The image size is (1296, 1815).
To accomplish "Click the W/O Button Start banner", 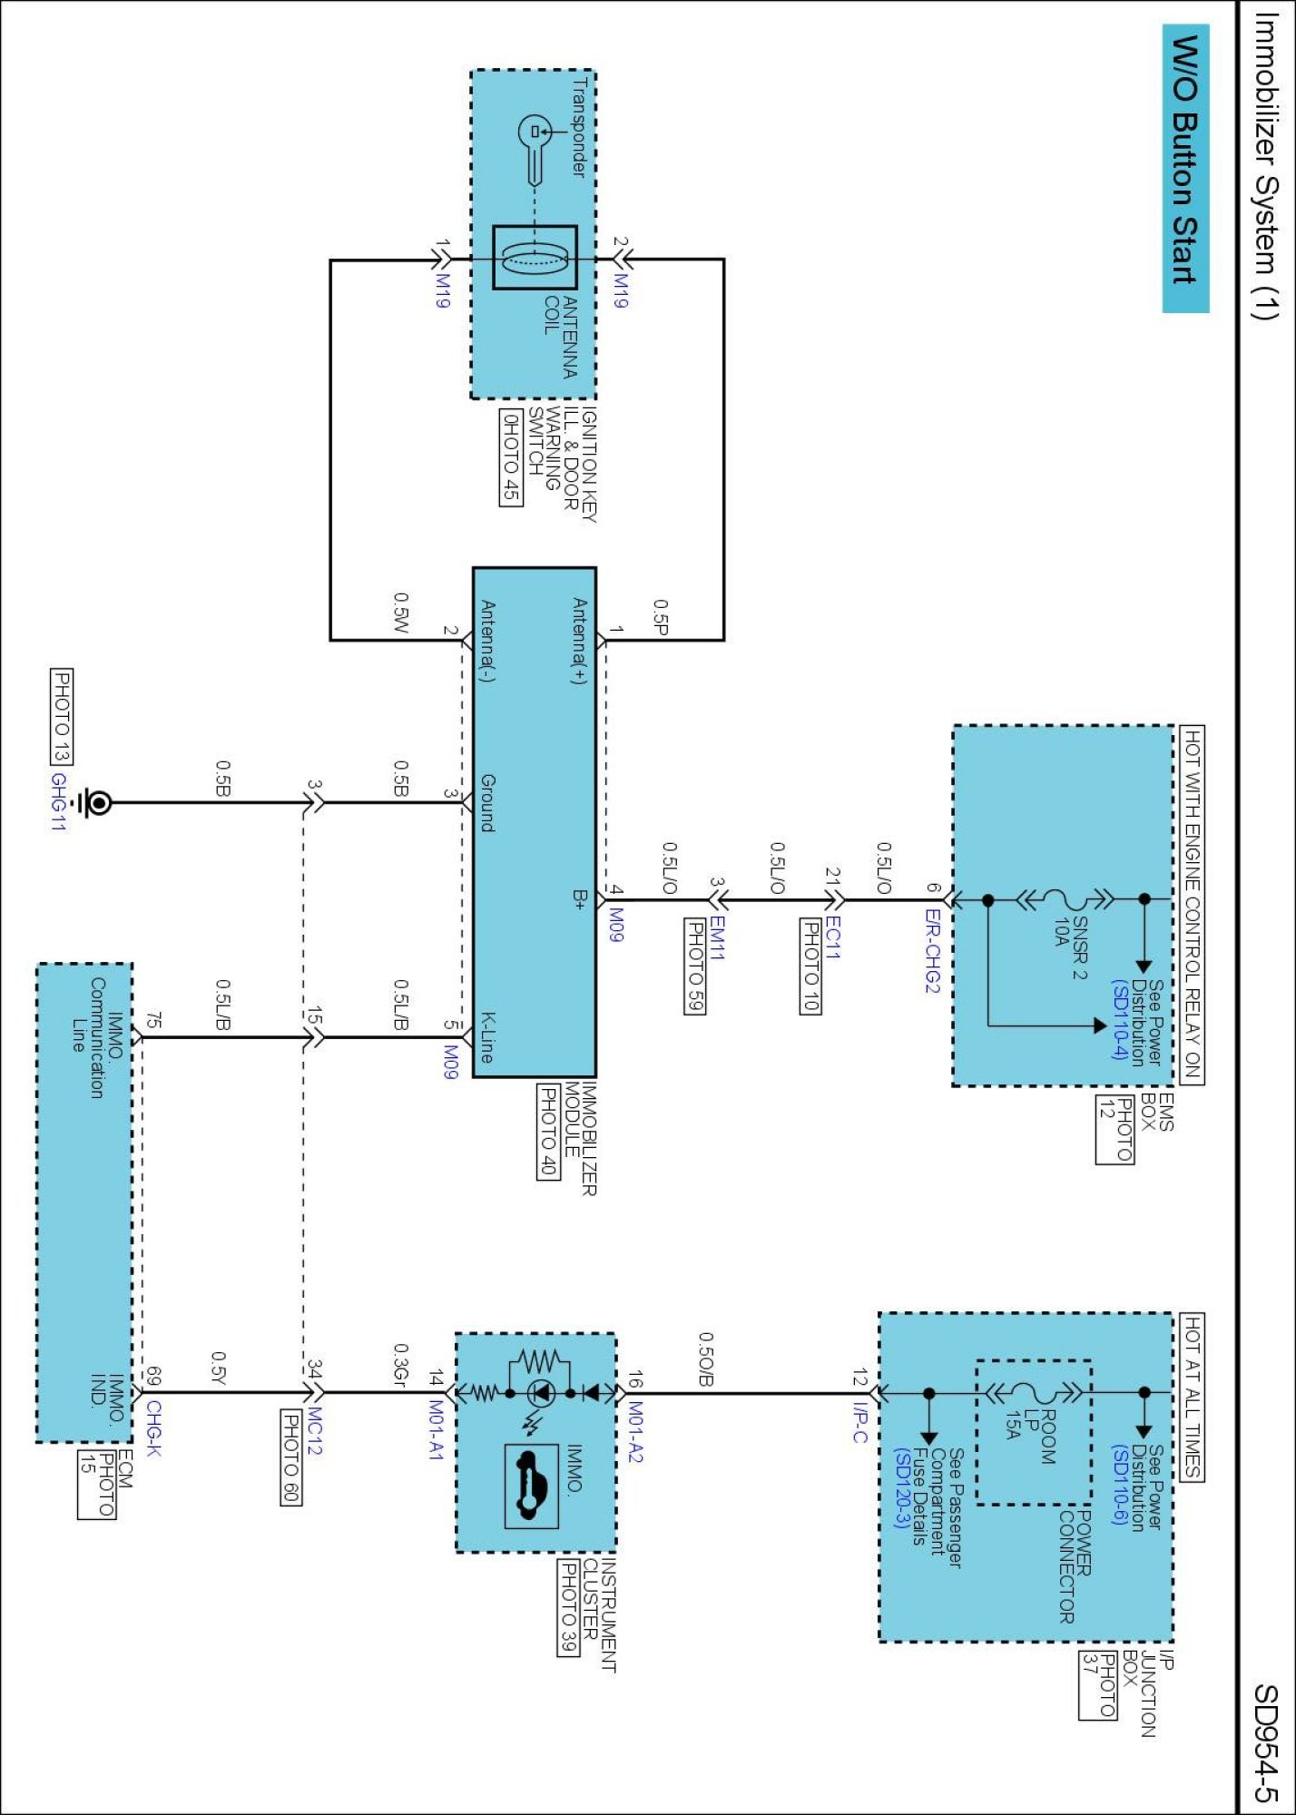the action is pos(1185,168).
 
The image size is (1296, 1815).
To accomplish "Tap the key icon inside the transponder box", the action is pos(535,150).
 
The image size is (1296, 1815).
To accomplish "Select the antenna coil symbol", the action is pos(535,258).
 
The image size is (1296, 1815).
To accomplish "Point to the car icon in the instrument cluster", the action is pos(531,1486).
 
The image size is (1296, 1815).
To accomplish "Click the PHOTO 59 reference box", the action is pos(694,966).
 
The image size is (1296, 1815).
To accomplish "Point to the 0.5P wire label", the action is pos(661,617).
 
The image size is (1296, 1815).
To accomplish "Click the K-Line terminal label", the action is pos(487,1037).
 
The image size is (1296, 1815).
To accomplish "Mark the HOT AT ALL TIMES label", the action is pos(1192,1397).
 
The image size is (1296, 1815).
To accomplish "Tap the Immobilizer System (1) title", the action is pos(1266,165).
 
